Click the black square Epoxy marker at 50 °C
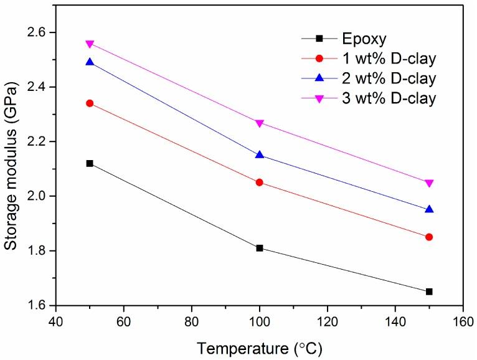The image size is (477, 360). (x=90, y=163)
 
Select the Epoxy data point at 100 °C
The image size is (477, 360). (x=259, y=248)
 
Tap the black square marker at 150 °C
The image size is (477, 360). (x=429, y=291)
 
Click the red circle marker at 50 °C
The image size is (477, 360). (x=90, y=103)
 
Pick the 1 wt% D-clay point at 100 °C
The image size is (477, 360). (x=259, y=182)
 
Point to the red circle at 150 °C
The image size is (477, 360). (x=429, y=237)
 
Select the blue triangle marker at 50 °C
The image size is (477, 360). (x=90, y=62)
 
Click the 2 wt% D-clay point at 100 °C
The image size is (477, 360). (x=259, y=154)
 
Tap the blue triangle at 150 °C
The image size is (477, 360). (x=429, y=209)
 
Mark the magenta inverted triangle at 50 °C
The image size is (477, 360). (x=90, y=44)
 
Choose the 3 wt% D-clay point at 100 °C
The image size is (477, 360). (x=259, y=123)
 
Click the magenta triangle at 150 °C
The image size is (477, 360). (x=429, y=183)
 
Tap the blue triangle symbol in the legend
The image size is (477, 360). (x=319, y=78)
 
